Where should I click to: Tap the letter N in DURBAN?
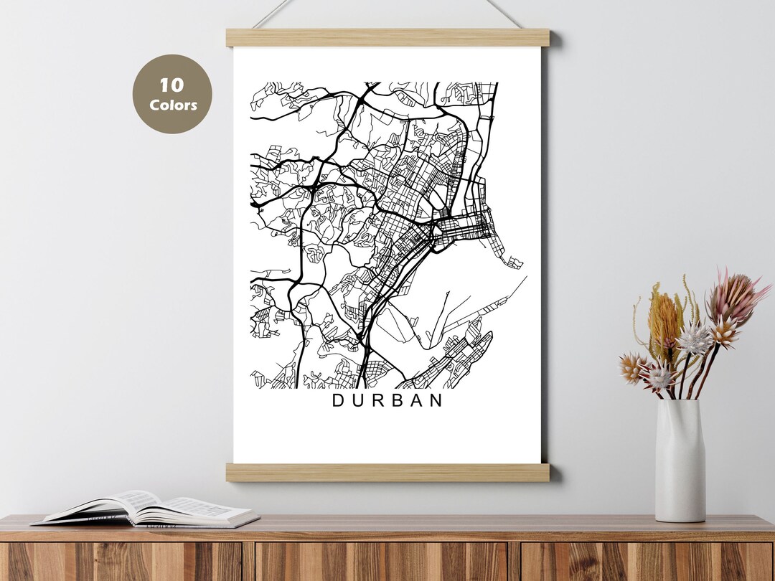tap(436, 401)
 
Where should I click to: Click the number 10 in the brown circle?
tap(172, 85)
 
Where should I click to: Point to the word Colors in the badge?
tap(173, 105)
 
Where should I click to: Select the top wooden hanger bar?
tap(387, 37)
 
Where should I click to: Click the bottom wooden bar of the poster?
tap(387, 472)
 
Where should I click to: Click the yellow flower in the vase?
tap(664, 320)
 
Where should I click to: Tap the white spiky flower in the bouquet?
tap(695, 339)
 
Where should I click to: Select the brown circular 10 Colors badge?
tap(172, 94)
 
